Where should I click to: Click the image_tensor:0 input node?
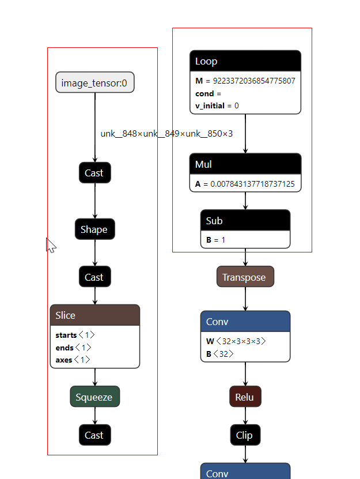[94, 82]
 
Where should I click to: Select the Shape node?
[94, 229]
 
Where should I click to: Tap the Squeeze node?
[94, 397]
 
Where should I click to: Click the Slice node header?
[94, 315]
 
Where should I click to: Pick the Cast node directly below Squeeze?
[94, 435]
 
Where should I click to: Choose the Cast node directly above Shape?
[94, 173]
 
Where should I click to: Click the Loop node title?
[245, 62]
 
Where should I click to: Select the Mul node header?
[245, 164]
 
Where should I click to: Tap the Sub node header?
[245, 221]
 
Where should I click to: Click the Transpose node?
[245, 277]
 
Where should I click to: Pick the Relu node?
[245, 397]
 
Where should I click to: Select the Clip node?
[245, 435]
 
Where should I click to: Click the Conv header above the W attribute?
[245, 322]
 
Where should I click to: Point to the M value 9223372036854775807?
[253, 81]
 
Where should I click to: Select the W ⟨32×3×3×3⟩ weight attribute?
[236, 341]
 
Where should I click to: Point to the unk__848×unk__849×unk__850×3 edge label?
[166, 134]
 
